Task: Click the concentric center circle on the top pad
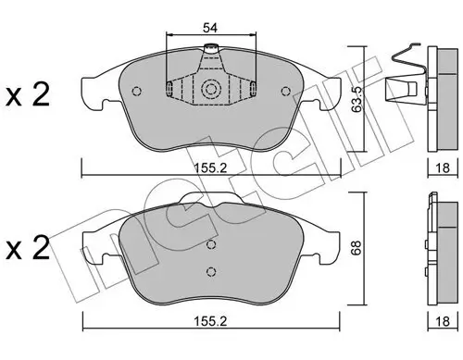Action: [211, 90]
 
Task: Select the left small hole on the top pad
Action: [137, 91]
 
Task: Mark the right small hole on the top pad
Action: [285, 91]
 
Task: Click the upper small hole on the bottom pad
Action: [211, 244]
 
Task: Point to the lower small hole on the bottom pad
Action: [211, 270]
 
